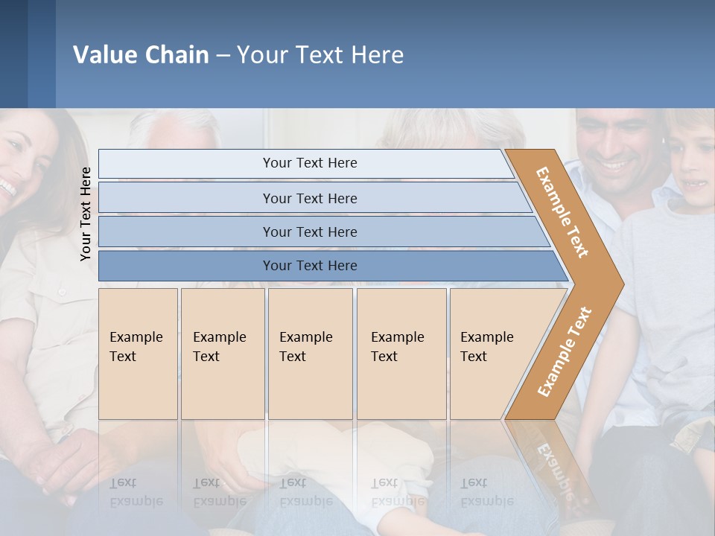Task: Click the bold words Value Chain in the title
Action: [x=141, y=55]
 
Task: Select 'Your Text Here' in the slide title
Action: [x=320, y=55]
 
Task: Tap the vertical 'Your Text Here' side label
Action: [x=86, y=214]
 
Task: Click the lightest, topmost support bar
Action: [x=309, y=163]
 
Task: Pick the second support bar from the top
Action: [x=309, y=198]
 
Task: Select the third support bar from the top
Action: [x=309, y=232]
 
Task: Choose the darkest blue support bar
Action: [x=309, y=266]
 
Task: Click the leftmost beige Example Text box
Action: [x=138, y=353]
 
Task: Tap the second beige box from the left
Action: [x=222, y=353]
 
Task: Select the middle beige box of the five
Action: [x=310, y=353]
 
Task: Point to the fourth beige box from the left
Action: [x=401, y=353]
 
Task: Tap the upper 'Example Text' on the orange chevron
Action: [x=562, y=212]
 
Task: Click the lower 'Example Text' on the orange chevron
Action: [x=565, y=351]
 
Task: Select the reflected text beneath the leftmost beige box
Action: [x=136, y=491]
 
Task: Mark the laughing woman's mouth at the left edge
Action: [x=6, y=187]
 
